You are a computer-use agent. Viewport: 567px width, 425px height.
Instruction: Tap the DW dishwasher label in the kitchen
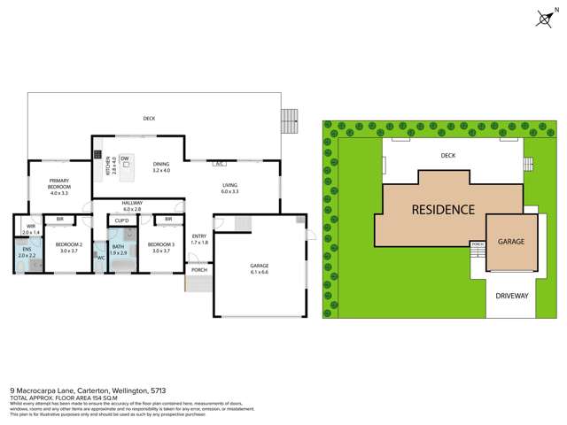pyautogui.click(x=125, y=158)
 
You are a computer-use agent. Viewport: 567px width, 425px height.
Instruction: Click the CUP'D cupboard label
pyautogui.click(x=122, y=220)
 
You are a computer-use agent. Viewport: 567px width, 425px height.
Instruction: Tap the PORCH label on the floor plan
pyautogui.click(x=199, y=269)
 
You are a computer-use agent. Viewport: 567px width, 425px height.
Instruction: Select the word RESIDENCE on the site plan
pyautogui.click(x=442, y=210)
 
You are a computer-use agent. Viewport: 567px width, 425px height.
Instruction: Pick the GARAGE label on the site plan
pyautogui.click(x=511, y=241)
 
